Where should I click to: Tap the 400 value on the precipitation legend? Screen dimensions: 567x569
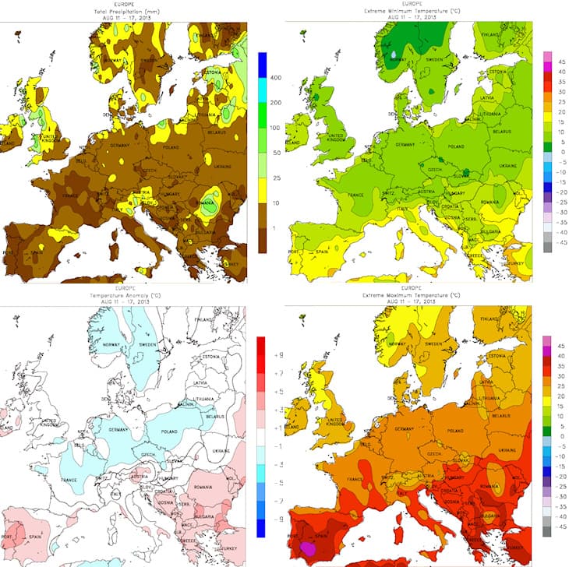[x=274, y=79]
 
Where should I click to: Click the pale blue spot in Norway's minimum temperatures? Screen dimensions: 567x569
[x=394, y=55]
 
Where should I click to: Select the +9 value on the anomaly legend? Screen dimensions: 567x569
[x=275, y=354]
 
